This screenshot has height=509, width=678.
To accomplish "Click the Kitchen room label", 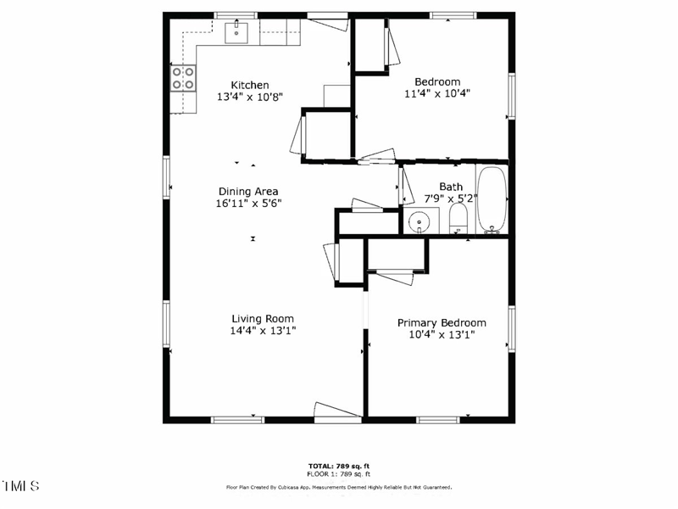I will click(250, 85).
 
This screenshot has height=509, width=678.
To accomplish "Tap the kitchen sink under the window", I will click(236, 33).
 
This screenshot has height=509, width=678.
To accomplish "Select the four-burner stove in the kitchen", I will click(183, 79).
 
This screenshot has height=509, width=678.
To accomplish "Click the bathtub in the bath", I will click(492, 199).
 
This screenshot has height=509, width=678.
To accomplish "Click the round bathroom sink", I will click(419, 222).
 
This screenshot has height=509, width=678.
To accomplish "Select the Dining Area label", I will click(248, 192).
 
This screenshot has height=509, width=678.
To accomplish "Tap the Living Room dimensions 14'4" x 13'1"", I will click(263, 331).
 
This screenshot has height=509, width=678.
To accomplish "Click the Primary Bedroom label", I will click(442, 322).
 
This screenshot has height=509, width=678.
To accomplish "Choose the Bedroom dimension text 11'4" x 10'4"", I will click(436, 94).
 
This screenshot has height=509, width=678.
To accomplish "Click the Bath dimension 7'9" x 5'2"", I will click(451, 199).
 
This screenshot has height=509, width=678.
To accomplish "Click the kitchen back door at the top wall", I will click(328, 22).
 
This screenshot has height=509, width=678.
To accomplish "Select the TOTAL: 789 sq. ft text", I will click(338, 467).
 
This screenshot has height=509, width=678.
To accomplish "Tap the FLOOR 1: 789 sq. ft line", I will click(338, 473).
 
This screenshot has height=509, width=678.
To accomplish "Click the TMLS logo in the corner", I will click(21, 486).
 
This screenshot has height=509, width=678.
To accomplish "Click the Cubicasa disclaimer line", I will click(338, 488).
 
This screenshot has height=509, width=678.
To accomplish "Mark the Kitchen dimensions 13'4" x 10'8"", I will click(250, 97).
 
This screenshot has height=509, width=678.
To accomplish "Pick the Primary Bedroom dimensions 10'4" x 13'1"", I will click(442, 334).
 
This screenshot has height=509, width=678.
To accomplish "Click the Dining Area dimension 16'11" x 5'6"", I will click(248, 204).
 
